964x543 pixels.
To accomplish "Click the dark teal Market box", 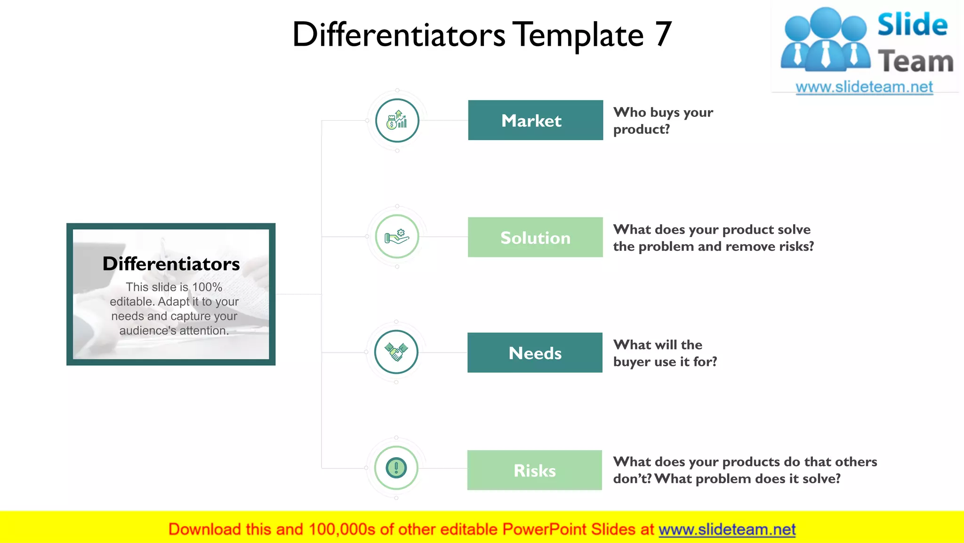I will pos(535,120).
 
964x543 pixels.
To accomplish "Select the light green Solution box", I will pos(535,237).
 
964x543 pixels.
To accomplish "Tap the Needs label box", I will pos(535,353).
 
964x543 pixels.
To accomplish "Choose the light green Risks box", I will pos(534,470).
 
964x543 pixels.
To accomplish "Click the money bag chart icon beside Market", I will pos(397,121).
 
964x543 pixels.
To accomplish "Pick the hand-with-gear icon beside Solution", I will pos(397,237).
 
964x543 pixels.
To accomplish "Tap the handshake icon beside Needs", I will pos(396,352).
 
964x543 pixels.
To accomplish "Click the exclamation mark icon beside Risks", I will pos(396,468).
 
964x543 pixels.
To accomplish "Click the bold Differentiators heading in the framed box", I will pos(171,264).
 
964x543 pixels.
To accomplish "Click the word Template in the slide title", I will pos(578,35).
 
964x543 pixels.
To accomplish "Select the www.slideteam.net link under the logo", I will pos(864,87).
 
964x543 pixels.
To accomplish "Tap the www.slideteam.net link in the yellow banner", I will pos(727,529).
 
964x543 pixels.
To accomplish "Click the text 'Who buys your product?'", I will pos(663,121).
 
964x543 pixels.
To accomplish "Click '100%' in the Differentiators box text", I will pos(207,287).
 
